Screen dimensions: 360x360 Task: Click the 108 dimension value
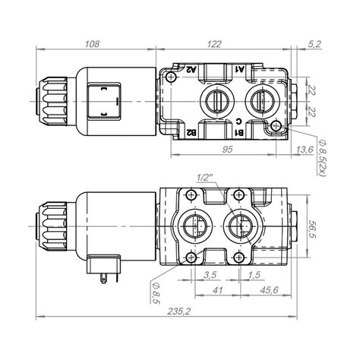click(x=92, y=44)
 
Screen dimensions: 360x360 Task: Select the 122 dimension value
click(x=214, y=44)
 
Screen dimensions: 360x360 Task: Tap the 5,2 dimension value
click(x=314, y=44)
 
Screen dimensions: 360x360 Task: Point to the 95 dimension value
click(x=227, y=150)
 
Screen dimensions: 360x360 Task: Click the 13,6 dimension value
click(x=305, y=150)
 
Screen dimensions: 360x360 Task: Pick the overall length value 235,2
click(x=178, y=311)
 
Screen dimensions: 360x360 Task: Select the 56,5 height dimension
click(x=314, y=230)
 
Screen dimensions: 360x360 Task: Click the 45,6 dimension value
click(x=269, y=290)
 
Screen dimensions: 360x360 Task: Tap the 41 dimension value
click(x=217, y=290)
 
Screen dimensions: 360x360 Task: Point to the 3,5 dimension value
click(x=210, y=275)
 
